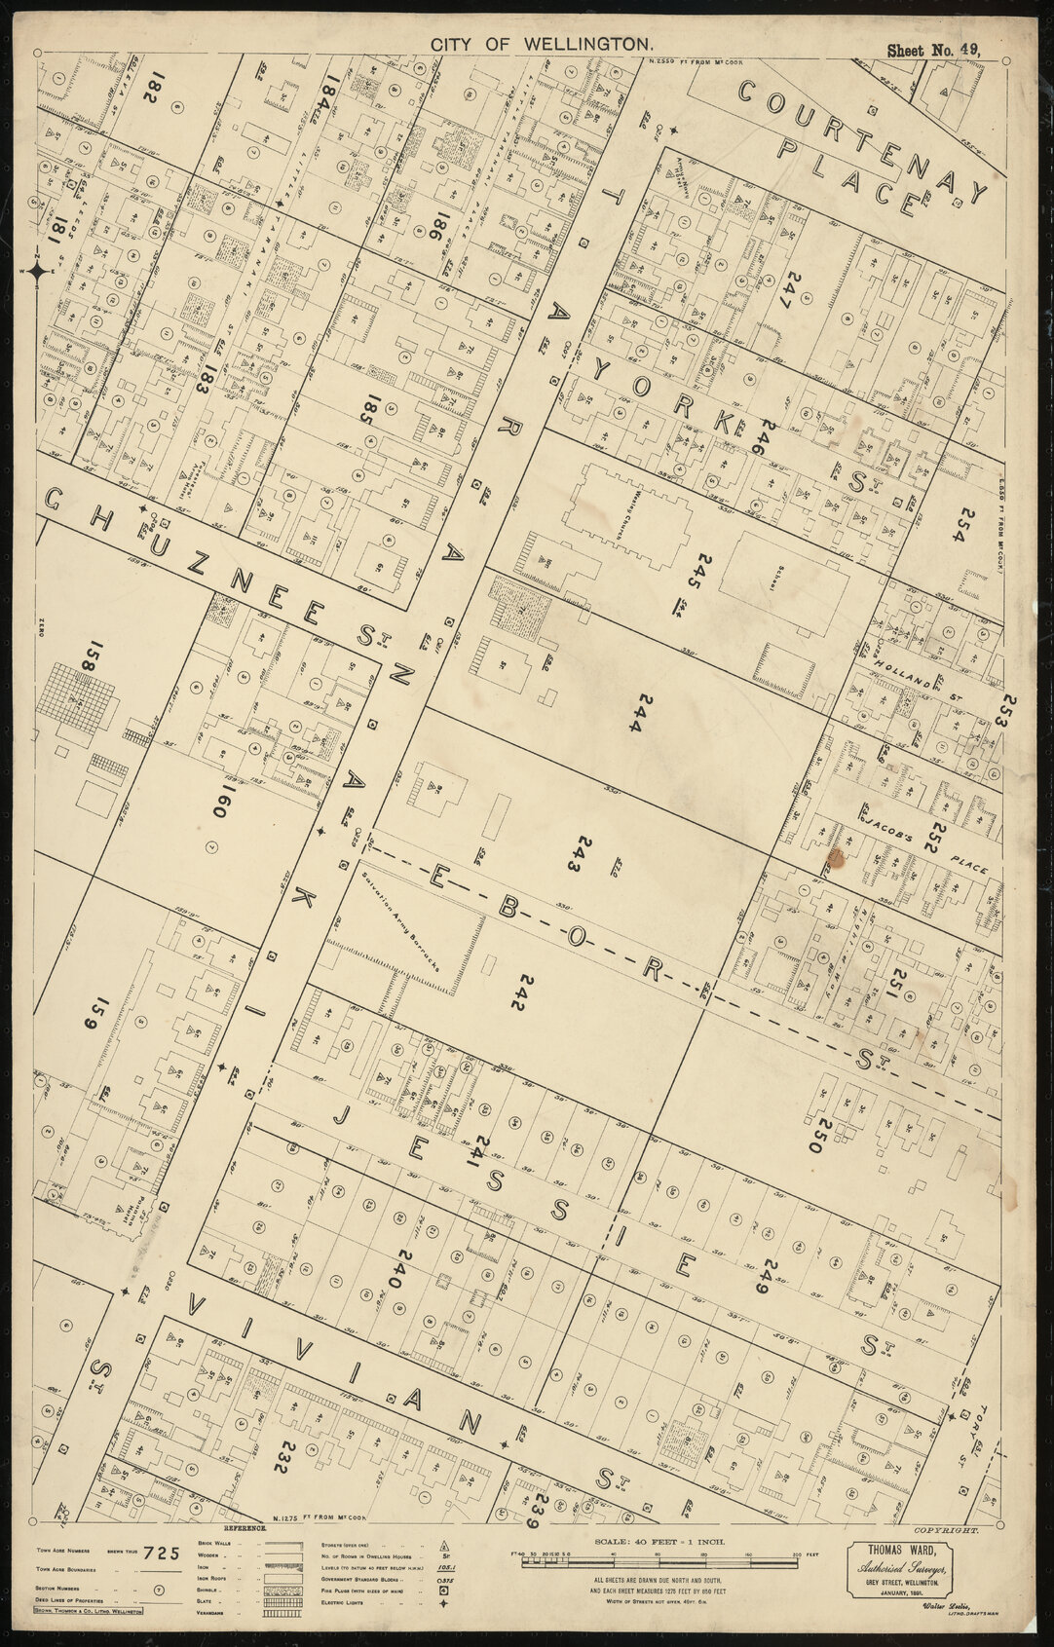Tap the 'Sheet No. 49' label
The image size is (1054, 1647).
932,50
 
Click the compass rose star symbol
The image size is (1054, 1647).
37,271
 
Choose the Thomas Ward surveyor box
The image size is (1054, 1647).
903,1577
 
